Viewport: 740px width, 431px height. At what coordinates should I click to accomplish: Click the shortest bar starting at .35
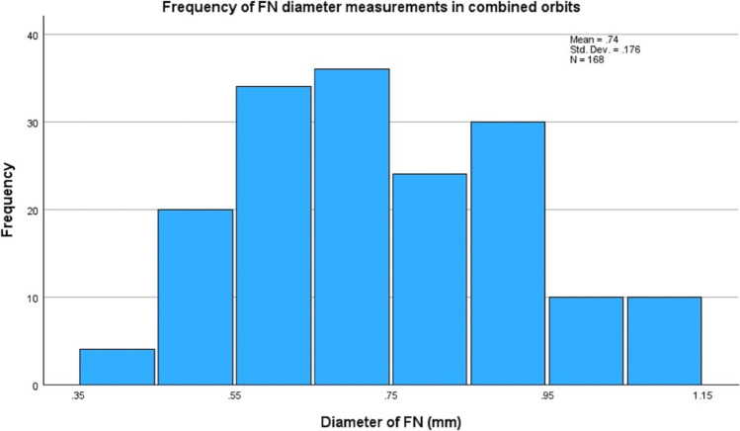click(x=117, y=367)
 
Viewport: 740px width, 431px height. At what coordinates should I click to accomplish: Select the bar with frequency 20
click(x=196, y=297)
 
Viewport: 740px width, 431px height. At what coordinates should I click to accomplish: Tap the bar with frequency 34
click(x=274, y=235)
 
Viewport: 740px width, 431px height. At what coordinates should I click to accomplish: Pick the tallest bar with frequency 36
click(x=352, y=227)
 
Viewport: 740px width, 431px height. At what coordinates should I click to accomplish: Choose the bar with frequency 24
click(x=430, y=280)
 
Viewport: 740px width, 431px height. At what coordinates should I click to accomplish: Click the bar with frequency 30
click(x=508, y=253)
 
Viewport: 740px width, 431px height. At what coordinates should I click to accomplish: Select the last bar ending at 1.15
click(x=665, y=341)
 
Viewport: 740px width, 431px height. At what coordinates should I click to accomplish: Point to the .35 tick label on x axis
click(x=78, y=395)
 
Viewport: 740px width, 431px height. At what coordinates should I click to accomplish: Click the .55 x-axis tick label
click(x=234, y=395)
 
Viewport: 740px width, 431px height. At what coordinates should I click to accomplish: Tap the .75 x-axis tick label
click(x=390, y=395)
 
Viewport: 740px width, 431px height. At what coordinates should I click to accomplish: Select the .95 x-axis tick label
click(x=546, y=395)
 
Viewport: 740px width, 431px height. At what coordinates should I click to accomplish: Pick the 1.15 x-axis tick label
click(x=702, y=395)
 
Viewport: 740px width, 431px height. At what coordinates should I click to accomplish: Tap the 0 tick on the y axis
click(x=35, y=387)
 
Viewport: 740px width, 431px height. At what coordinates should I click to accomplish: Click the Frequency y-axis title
click(x=8, y=200)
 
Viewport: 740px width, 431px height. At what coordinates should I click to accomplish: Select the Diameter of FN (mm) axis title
click(x=391, y=421)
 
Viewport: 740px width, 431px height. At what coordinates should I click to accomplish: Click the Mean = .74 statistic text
click(x=594, y=40)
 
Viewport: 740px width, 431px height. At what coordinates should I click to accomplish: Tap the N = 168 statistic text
click(x=587, y=60)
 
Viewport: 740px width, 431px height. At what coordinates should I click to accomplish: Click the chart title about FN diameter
click(x=370, y=7)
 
